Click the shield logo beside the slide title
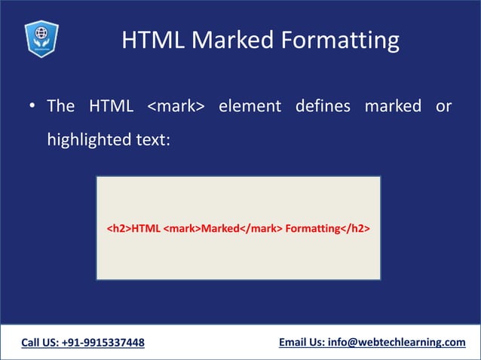pos(41,38)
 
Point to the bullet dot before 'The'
pos(32,107)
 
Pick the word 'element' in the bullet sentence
pos(249,106)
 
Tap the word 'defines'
pos(323,106)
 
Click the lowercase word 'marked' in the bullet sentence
pos(393,106)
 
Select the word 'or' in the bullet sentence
pos(443,106)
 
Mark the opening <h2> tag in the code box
pos(118,227)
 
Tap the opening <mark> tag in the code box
pos(182,227)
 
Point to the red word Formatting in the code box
pos(311,227)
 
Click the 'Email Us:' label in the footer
pos(302,343)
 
